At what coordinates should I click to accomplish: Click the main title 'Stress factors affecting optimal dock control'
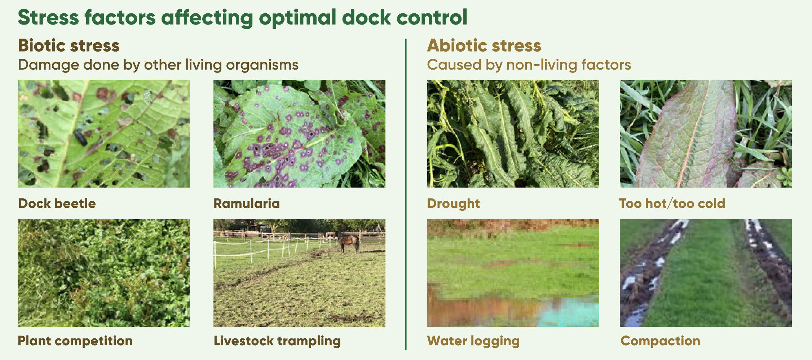pyautogui.click(x=242, y=17)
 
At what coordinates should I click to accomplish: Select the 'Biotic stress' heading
pyautogui.click(x=69, y=45)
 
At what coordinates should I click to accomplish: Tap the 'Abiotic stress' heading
pyautogui.click(x=484, y=45)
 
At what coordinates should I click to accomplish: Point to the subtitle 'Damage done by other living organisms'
pyautogui.click(x=158, y=65)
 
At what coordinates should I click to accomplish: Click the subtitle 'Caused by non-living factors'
pyautogui.click(x=529, y=65)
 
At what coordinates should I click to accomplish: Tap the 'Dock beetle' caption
pyautogui.click(x=57, y=203)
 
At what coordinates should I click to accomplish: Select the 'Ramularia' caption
pyautogui.click(x=247, y=203)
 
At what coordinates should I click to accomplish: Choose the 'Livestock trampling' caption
pyautogui.click(x=277, y=341)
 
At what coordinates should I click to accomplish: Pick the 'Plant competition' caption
pyautogui.click(x=75, y=341)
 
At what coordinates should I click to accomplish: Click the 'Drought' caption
pyautogui.click(x=453, y=204)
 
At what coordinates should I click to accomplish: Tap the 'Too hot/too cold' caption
pyautogui.click(x=672, y=203)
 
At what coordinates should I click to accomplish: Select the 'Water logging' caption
pyautogui.click(x=473, y=341)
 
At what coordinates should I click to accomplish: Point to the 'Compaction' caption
pyautogui.click(x=660, y=341)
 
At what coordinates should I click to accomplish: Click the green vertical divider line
pyautogui.click(x=406, y=194)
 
